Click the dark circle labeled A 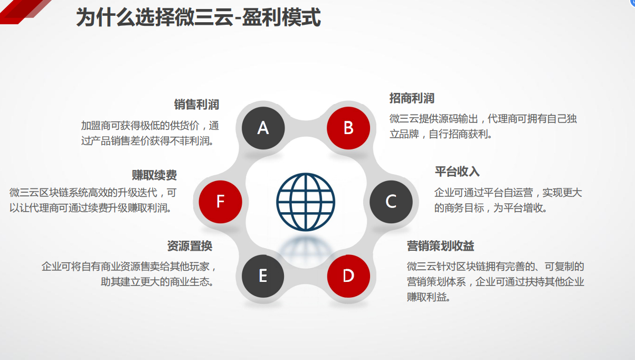[263, 128]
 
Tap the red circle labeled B [348, 128]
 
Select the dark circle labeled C [391, 202]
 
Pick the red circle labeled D [348, 276]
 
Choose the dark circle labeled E [263, 276]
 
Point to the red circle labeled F [221, 202]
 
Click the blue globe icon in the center [306, 202]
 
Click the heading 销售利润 [196, 105]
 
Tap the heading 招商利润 [412, 98]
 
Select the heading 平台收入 [457, 172]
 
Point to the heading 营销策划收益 [441, 246]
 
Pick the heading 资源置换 [189, 246]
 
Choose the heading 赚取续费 [154, 175]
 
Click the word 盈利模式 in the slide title [281, 17]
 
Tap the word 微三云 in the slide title [204, 17]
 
